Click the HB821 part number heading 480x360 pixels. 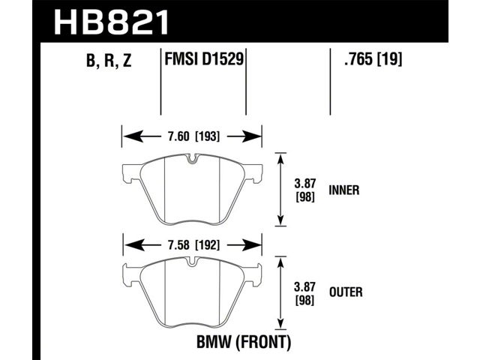(111, 22)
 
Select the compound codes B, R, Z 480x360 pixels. (109, 60)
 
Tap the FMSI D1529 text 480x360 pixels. (204, 58)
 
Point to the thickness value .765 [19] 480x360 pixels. (373, 58)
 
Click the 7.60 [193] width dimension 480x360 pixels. (193, 136)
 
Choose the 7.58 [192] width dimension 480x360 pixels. (193, 245)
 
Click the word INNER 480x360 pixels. (343, 190)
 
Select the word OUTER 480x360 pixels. (346, 292)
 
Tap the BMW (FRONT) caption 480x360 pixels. (244, 342)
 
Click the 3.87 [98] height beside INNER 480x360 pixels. (305, 190)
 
